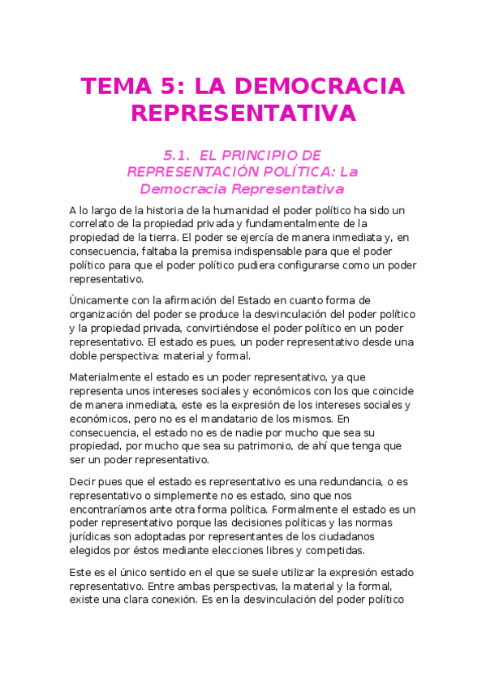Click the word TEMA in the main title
115,86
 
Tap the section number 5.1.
176,154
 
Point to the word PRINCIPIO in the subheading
264,154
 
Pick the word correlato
96,223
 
